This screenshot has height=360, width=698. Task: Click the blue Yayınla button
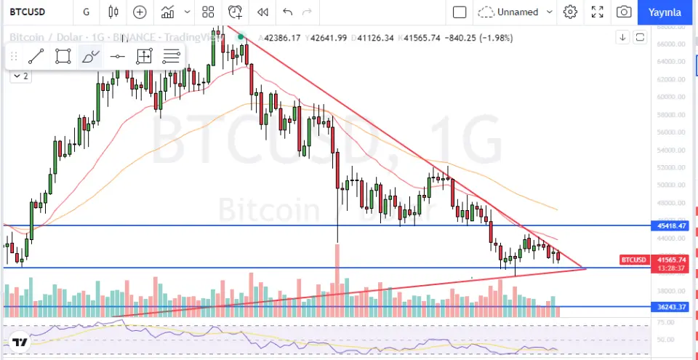point(665,12)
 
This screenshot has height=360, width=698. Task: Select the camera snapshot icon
point(624,12)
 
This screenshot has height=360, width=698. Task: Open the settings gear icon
point(570,12)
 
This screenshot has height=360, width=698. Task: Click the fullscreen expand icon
point(597,12)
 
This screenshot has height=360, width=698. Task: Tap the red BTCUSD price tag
point(633,260)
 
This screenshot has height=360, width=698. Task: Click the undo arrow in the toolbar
point(287,12)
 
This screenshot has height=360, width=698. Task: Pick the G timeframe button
point(87,12)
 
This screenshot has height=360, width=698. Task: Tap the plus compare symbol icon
point(139,12)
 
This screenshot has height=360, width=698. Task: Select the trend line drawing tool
point(36,56)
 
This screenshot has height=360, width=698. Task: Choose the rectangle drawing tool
point(63,56)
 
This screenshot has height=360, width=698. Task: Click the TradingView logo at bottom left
point(20,343)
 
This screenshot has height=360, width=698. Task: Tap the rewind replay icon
point(262,12)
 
